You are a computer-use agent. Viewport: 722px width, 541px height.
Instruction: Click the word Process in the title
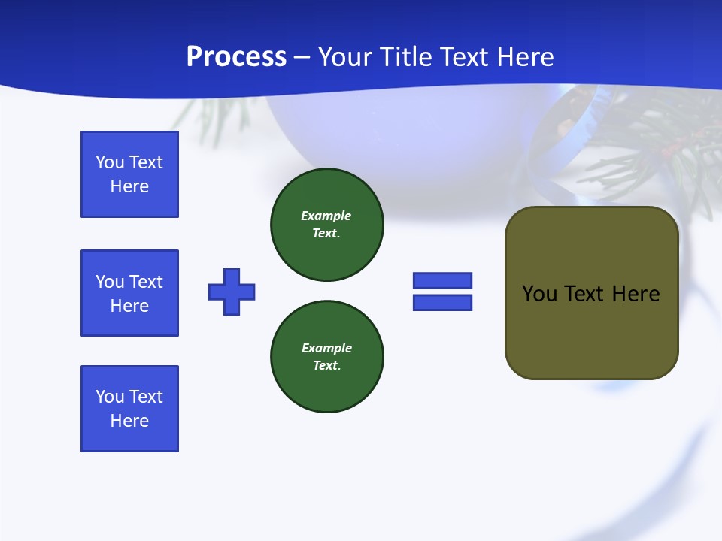pos(236,57)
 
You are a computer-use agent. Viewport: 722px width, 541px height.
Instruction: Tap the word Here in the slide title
pos(523,57)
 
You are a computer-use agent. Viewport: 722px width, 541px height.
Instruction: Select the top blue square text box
pos(129,174)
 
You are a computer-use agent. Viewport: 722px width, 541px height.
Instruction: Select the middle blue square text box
pos(129,293)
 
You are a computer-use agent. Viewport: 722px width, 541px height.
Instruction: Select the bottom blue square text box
pos(129,409)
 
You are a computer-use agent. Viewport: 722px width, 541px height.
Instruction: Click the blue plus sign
pos(232,292)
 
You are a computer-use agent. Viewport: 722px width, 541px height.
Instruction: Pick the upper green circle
pos(326,225)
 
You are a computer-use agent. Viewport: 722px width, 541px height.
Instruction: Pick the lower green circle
pos(326,357)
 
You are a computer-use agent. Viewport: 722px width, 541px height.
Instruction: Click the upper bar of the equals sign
pos(442,280)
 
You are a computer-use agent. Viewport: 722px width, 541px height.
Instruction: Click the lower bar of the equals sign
pos(442,302)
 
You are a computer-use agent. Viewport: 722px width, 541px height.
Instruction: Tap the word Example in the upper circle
pos(326,216)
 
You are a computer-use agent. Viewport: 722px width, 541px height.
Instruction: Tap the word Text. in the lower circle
pos(326,366)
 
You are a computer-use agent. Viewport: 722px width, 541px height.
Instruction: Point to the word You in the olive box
pos(538,294)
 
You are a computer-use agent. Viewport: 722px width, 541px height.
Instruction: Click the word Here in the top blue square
pos(129,186)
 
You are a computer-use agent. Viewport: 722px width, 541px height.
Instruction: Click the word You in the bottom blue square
pos(110,397)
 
